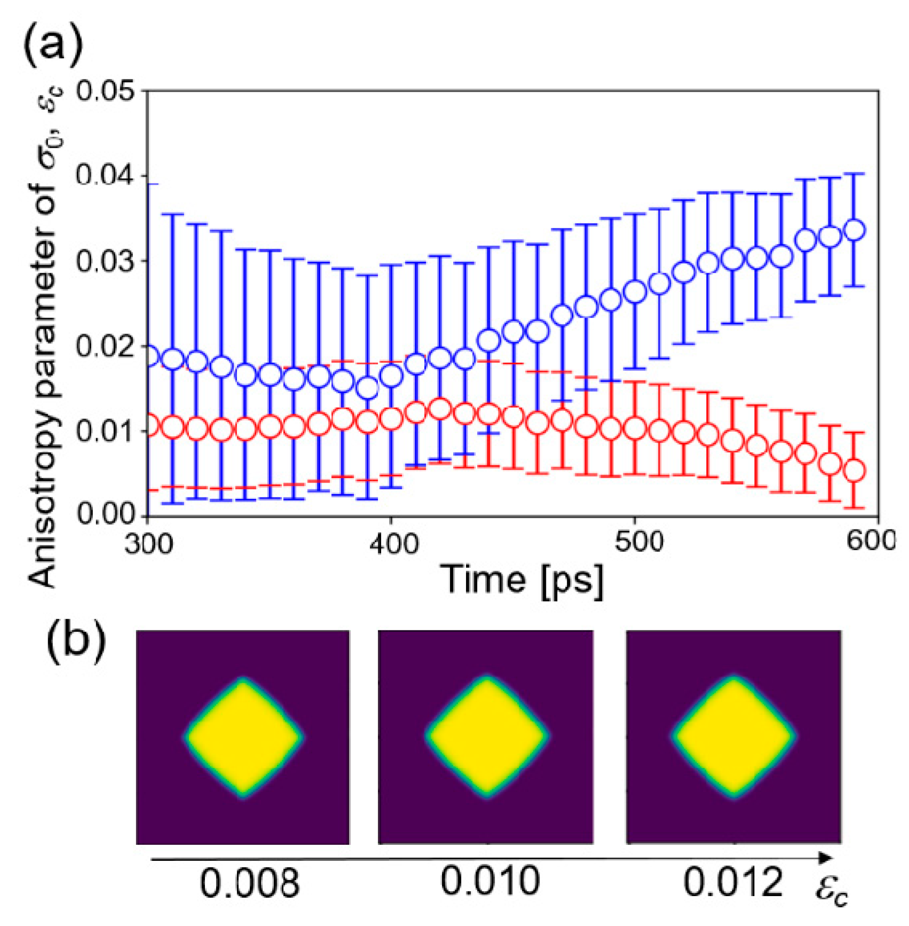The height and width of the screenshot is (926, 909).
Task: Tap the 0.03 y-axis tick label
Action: pos(104,262)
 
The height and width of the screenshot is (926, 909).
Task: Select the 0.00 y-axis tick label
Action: pos(104,515)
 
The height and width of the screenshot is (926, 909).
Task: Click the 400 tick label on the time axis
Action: pos(391,543)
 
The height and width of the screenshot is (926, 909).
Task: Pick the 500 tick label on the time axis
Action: pos(635,543)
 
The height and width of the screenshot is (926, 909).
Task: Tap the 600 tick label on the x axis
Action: pos(875,543)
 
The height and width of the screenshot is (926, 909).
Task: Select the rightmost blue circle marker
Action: pos(855,230)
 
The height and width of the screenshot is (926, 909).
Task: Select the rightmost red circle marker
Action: pos(855,471)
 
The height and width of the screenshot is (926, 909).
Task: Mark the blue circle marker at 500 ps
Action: pos(635,292)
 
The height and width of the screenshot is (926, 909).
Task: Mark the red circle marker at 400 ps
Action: pos(391,419)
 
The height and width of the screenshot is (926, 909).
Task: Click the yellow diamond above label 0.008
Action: pos(243,738)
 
